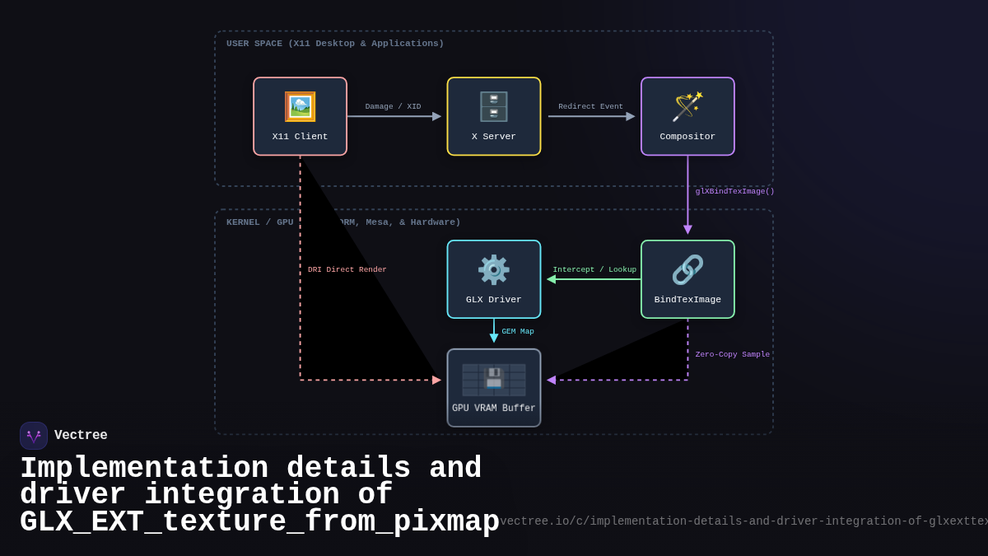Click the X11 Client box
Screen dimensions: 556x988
point(300,116)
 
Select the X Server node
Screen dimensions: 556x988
point(494,116)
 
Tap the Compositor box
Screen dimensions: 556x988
point(687,116)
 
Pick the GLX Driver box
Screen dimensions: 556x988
point(494,279)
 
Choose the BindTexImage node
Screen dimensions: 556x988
point(687,279)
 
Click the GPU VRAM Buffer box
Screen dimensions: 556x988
point(494,388)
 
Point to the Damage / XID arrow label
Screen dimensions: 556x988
point(393,106)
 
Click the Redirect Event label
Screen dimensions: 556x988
point(590,106)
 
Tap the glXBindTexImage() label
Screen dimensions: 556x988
point(734,191)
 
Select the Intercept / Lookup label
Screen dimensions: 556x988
point(594,269)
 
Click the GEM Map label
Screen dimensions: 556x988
point(518,331)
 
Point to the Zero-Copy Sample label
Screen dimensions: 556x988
point(732,354)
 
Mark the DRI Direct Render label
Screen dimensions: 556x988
point(347,269)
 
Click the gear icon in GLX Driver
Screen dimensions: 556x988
point(494,270)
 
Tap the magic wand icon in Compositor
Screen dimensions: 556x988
point(687,107)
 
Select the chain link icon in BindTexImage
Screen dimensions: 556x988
point(687,270)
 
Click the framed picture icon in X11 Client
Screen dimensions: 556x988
point(300,107)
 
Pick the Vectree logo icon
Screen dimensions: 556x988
point(34,436)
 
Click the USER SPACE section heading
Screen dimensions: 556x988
point(334,44)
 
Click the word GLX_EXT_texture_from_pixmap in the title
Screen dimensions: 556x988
point(259,522)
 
